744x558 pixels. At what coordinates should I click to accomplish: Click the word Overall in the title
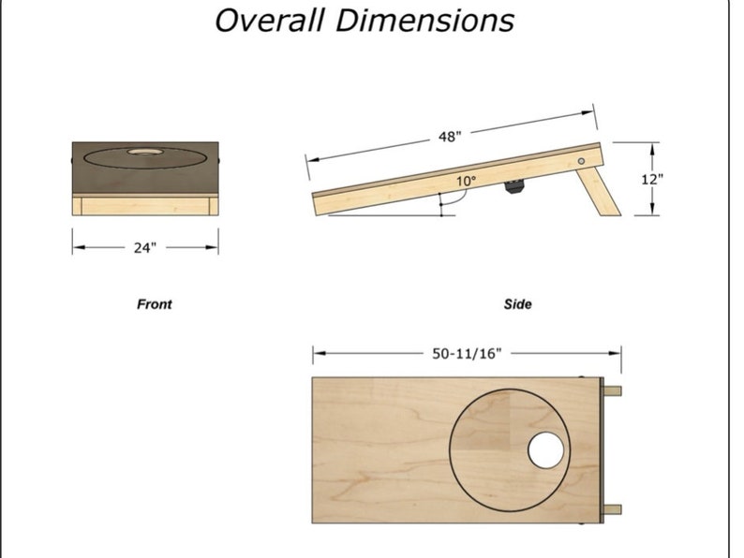(x=271, y=20)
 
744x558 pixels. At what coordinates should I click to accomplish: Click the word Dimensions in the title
(x=426, y=20)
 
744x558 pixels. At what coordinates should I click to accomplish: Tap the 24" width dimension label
(x=145, y=248)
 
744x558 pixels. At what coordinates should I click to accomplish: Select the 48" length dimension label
(x=450, y=137)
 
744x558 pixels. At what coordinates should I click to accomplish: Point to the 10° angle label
(x=466, y=181)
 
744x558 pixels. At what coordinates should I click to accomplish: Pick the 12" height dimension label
(x=653, y=179)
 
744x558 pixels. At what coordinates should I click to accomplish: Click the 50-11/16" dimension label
(x=467, y=354)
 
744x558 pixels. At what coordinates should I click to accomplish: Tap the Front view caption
(x=155, y=304)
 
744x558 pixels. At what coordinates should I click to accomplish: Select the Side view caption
(x=517, y=304)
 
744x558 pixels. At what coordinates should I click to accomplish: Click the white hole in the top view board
(x=546, y=450)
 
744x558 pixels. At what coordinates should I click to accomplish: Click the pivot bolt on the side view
(x=582, y=162)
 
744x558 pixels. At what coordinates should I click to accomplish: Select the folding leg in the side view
(x=600, y=189)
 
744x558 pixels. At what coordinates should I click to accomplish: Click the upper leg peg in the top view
(x=611, y=391)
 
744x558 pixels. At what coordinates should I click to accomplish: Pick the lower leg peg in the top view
(x=611, y=509)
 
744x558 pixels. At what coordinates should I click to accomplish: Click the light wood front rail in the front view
(x=145, y=205)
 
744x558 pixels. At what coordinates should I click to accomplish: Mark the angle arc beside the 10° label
(x=447, y=198)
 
